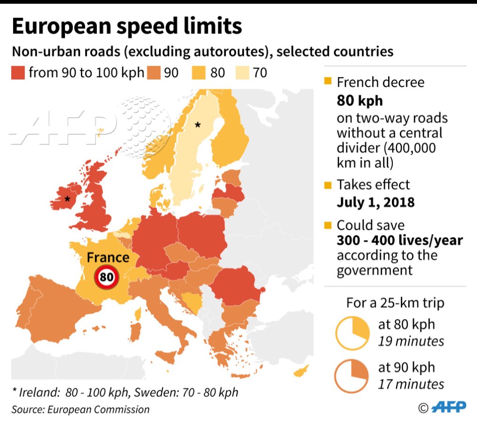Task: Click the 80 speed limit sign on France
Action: click(107, 277)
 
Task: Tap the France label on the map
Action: click(108, 258)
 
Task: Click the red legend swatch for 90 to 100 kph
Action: click(18, 73)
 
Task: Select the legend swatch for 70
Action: click(243, 73)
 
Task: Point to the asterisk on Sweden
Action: click(198, 125)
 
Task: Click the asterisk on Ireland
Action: click(67, 199)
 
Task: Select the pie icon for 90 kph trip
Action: click(352, 375)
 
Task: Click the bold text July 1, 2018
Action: click(375, 202)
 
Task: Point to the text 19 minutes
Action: click(411, 341)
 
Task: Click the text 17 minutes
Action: click(411, 384)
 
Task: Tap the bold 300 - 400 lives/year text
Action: click(399, 241)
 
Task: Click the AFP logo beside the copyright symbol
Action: click(449, 407)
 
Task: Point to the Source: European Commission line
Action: click(80, 409)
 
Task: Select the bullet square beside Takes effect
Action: click(328, 185)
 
